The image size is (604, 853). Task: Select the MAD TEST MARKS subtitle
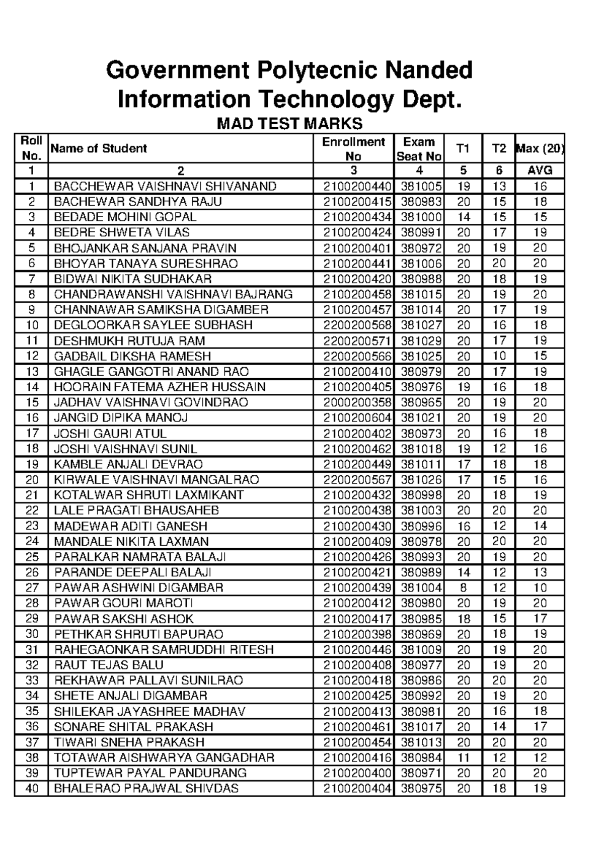tap(289, 124)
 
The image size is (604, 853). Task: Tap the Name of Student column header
tap(99, 148)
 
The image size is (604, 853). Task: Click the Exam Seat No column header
tap(419, 149)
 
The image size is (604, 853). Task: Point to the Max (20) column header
tap(540, 148)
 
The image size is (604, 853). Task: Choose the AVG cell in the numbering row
tap(540, 170)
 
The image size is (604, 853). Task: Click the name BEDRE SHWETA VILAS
tap(122, 232)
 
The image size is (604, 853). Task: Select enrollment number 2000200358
tap(357, 402)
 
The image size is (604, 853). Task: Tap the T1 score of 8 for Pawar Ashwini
tap(463, 587)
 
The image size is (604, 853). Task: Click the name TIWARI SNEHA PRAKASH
tap(129, 742)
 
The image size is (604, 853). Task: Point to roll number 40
tap(32, 789)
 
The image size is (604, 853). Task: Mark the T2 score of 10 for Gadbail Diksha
tap(499, 356)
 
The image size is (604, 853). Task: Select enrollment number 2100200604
tap(357, 418)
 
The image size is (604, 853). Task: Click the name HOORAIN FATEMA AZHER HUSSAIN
tap(160, 387)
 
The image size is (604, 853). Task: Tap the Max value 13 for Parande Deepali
tap(540, 572)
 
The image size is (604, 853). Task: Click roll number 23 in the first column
tap(32, 526)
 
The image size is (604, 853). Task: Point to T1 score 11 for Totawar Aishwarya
tap(463, 758)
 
